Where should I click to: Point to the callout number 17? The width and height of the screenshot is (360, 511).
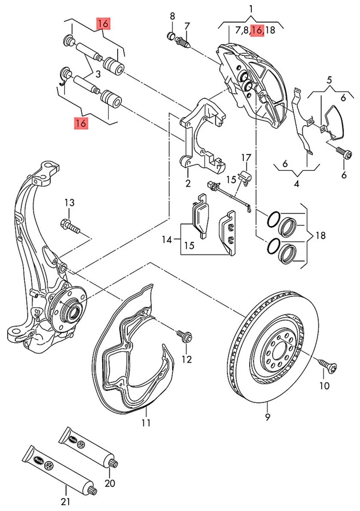[246, 158]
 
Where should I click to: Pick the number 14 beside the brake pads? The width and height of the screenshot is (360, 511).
[167, 240]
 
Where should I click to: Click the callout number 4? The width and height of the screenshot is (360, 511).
[297, 185]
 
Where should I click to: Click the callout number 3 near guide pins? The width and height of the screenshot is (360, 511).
[97, 74]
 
